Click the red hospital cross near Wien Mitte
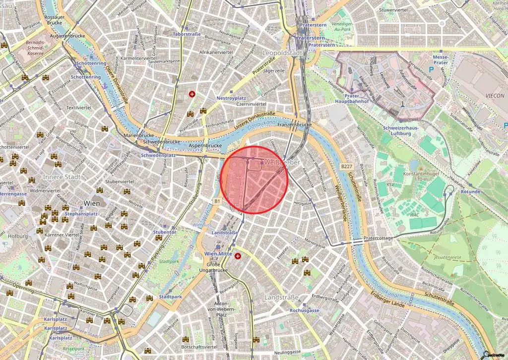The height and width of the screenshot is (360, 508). (238, 256)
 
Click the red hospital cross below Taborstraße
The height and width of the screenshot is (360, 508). (192, 94)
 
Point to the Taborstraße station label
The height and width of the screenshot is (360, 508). (186, 34)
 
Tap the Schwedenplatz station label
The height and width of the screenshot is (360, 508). (158, 155)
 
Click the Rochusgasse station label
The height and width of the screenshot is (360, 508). (303, 310)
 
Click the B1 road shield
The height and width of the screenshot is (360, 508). (217, 201)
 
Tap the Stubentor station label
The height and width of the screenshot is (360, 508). (164, 232)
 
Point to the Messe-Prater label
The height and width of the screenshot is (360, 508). (437, 60)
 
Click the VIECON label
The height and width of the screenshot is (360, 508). (495, 96)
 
